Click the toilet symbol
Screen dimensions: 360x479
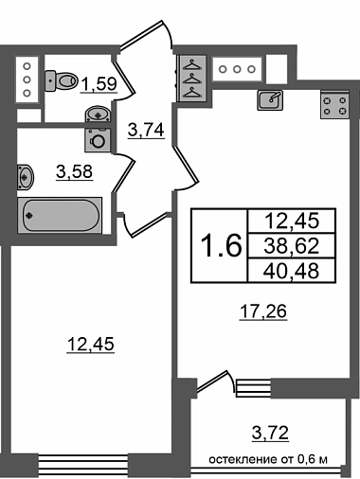pos(62,80)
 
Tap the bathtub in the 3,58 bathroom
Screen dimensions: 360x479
pos(60,216)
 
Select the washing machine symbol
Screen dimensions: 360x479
pos(98,140)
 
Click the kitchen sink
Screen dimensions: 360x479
pos(270,100)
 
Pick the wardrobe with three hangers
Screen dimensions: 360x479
pos(192,79)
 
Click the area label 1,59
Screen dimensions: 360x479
pos(99,84)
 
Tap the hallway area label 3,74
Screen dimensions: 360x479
pos(146,130)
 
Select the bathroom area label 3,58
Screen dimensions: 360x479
pos(75,172)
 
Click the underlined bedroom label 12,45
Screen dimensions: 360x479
pos(91,344)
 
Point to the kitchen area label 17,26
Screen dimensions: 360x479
pos(263,311)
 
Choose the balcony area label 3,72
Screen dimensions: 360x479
pos(271,433)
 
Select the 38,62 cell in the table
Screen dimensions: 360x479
pos(292,246)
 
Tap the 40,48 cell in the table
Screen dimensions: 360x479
pos(292,271)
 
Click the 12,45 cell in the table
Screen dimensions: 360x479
pos(292,221)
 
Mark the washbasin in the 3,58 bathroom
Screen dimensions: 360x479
pos(25,177)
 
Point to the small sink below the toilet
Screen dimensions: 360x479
pos(98,114)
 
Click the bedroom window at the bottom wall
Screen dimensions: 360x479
pos(83,465)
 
